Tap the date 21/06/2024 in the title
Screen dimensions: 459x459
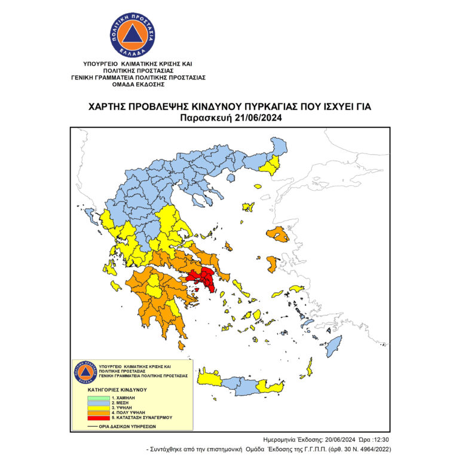254,118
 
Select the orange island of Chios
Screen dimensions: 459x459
272,264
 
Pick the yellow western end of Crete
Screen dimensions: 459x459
209,379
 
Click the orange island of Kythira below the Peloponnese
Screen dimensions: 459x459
182,345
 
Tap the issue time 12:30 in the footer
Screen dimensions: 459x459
380,439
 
